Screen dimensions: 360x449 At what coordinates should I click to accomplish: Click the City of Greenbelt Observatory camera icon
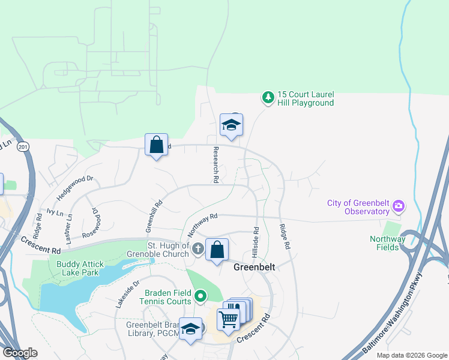point(398,208)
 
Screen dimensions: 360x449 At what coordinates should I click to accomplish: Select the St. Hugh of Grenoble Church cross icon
point(198,247)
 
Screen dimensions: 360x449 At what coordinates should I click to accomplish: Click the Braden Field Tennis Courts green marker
point(202,296)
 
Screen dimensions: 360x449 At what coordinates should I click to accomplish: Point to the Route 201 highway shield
point(23,147)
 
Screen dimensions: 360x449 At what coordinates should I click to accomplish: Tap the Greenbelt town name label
point(254,267)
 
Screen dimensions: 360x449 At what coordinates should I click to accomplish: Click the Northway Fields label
point(388,243)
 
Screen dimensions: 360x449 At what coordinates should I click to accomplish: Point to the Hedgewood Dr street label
point(75,188)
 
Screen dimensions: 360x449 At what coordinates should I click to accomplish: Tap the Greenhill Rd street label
point(154,217)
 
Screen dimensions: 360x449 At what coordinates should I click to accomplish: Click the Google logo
point(20,353)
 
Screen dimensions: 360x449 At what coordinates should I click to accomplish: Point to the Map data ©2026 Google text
point(412,355)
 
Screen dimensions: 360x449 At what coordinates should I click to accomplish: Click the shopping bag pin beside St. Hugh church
point(217,249)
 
